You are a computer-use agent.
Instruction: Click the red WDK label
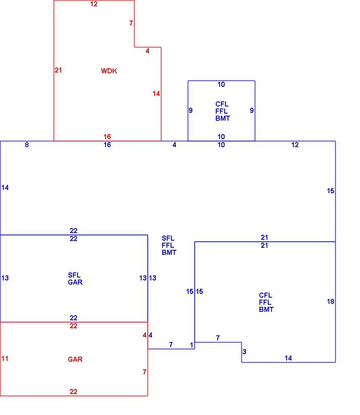109,71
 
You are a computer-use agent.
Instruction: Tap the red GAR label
75,359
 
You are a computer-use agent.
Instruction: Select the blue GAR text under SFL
75,282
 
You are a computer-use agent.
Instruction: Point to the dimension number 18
330,301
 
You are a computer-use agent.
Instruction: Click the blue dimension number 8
27,145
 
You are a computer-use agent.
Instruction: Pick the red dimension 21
58,70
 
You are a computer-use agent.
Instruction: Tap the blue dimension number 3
244,352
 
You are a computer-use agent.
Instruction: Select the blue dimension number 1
192,345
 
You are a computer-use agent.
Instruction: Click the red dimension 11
5,359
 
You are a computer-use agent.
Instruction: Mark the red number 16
107,137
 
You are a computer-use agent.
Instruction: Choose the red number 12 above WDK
93,4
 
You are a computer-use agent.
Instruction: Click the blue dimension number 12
295,145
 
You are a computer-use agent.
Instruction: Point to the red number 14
156,94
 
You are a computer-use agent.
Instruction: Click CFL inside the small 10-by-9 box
222,104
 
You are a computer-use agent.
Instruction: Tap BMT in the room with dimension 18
266,309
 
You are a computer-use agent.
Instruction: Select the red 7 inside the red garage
145,372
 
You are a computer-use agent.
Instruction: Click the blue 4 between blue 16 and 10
174,145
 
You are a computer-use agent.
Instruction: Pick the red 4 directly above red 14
148,51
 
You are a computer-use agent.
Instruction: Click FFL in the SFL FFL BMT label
168,245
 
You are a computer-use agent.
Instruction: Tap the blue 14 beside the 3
288,358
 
